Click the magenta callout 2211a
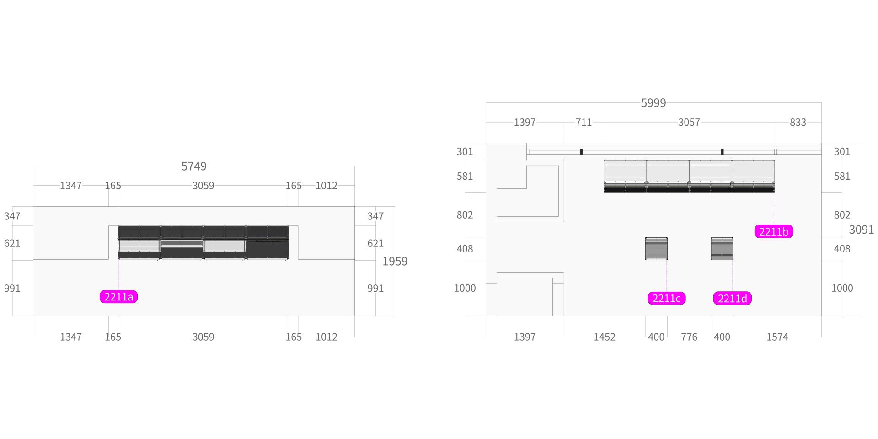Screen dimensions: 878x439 tap(118, 297)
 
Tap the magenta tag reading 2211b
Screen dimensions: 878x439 tap(774, 231)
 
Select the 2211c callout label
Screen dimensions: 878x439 tap(666, 299)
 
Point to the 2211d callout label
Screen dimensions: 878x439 tap(732, 299)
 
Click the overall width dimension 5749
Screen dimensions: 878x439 tap(194, 166)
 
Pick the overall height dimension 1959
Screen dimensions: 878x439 tap(395, 261)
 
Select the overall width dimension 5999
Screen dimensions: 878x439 tap(653, 103)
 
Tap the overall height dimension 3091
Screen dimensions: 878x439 tap(862, 230)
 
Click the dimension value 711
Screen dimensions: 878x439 tap(584, 123)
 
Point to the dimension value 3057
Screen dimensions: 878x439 tap(689, 123)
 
